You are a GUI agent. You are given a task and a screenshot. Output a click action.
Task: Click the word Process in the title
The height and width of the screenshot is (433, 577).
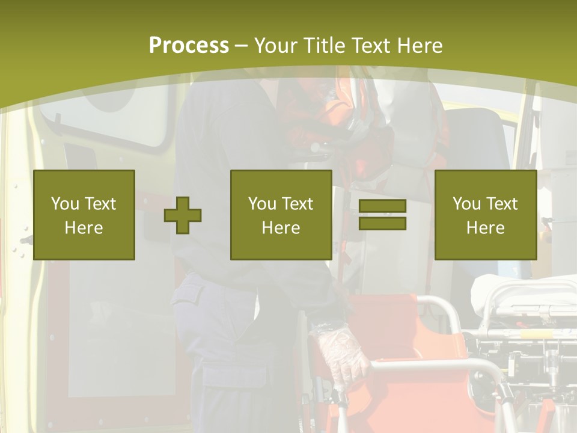pos(189,46)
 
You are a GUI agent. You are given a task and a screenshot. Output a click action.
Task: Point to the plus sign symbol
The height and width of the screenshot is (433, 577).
pos(183,215)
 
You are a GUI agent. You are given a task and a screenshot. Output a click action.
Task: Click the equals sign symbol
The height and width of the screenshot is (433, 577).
pos(382,215)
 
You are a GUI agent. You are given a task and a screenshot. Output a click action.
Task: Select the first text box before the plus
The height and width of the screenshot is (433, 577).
pos(84,215)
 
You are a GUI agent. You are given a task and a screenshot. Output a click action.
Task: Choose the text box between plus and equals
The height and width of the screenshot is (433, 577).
pos(281,215)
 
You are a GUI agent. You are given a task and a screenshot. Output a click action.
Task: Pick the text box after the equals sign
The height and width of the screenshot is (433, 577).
pos(486,215)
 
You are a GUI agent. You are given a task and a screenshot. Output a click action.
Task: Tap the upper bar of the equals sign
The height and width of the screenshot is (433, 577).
pos(382,206)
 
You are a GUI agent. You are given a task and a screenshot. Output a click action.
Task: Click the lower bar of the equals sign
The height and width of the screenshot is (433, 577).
pos(382,223)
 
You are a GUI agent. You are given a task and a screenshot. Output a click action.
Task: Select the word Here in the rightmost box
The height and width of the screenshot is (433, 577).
pos(486,227)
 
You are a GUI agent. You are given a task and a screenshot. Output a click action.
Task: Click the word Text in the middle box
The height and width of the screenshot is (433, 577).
pos(298,204)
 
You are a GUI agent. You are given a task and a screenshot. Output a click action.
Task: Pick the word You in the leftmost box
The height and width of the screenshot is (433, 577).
pos(65,204)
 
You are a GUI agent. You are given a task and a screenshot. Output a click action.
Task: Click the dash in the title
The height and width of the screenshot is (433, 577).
pos(241,46)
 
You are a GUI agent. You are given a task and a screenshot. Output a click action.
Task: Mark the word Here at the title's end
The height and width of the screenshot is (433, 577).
pos(421,46)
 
